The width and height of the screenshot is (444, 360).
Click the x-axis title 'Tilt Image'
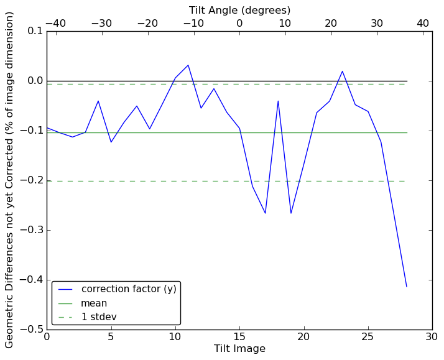(239, 349)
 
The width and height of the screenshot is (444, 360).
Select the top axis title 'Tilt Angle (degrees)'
(239, 10)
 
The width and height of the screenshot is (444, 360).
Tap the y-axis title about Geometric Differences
(10, 180)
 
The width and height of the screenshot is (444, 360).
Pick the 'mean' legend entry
(94, 303)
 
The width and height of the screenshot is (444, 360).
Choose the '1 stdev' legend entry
(99, 317)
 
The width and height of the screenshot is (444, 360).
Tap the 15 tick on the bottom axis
(239, 337)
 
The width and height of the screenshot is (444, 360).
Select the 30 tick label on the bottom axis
(432, 337)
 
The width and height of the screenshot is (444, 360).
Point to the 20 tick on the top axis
(331, 23)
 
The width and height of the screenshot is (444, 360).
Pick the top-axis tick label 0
(239, 23)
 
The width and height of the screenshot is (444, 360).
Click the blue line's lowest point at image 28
(407, 287)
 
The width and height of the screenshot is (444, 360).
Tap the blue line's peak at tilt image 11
(188, 65)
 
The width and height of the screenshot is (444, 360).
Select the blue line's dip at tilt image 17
(265, 213)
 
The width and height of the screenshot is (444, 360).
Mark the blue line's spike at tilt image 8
(278, 101)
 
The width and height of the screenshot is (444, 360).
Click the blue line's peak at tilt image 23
(342, 71)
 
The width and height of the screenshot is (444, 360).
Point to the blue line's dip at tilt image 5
(111, 142)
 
